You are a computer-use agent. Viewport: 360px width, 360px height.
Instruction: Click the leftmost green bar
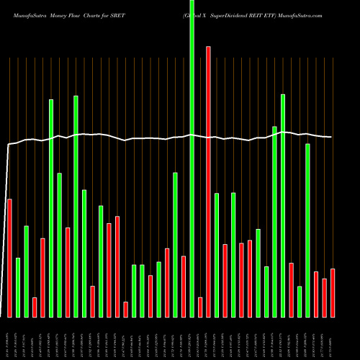18,287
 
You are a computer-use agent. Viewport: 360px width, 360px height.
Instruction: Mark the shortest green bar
300,302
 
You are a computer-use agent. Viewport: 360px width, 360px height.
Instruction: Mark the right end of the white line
332,137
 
